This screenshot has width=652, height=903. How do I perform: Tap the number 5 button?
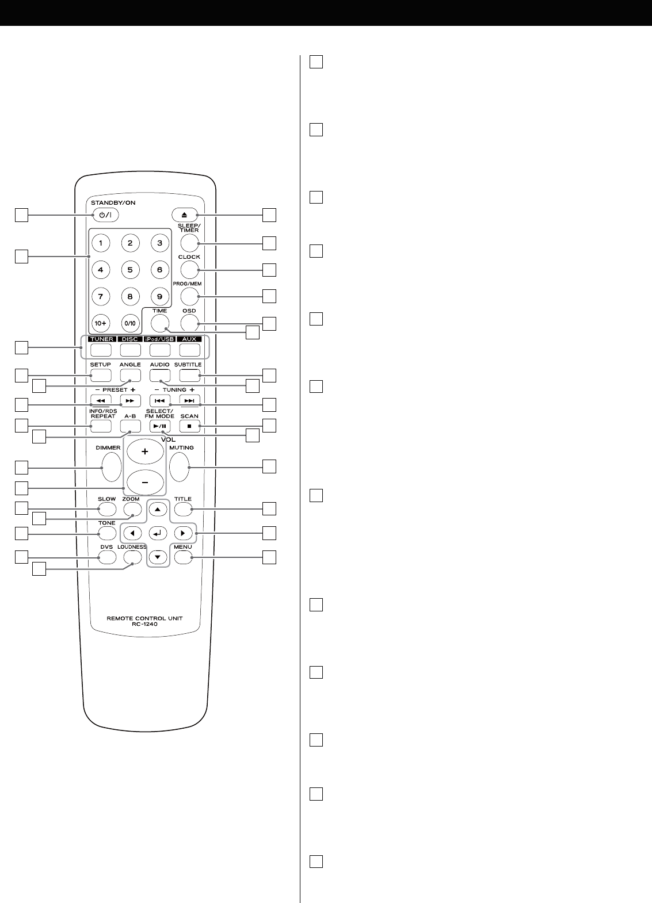click(130, 270)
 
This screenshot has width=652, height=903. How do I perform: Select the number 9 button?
click(159, 297)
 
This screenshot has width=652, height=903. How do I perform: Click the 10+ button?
click(101, 323)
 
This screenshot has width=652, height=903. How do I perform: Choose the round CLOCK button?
click(189, 269)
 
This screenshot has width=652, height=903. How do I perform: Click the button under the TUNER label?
click(101, 349)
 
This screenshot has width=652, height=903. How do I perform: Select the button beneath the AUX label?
click(189, 349)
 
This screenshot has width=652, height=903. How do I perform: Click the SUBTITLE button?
click(189, 376)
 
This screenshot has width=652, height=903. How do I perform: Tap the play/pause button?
click(159, 426)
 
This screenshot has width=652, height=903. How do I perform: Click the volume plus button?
click(145, 452)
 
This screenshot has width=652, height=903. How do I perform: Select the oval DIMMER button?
click(112, 466)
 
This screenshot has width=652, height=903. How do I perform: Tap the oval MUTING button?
click(179, 466)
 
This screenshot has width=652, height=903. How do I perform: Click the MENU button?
click(183, 557)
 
